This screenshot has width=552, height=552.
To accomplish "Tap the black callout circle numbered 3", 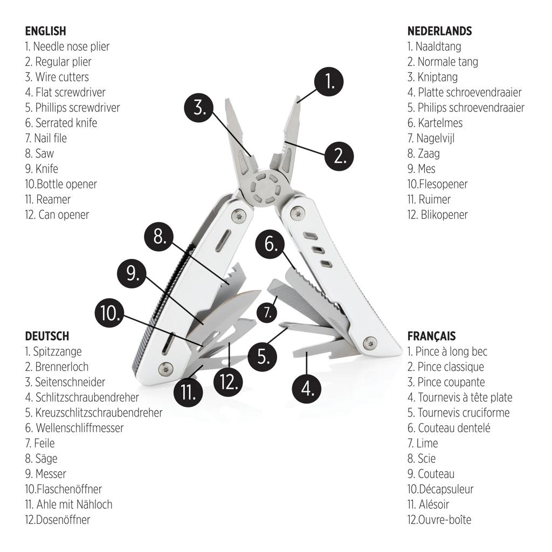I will point(200,107).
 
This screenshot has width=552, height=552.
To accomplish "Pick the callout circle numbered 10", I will point(111,314).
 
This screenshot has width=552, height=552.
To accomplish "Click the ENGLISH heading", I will point(45,31).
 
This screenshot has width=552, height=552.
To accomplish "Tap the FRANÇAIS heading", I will point(431,336).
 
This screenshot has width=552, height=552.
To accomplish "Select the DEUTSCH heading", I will point(47,336).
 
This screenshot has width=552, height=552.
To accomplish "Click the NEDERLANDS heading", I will point(439,31).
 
